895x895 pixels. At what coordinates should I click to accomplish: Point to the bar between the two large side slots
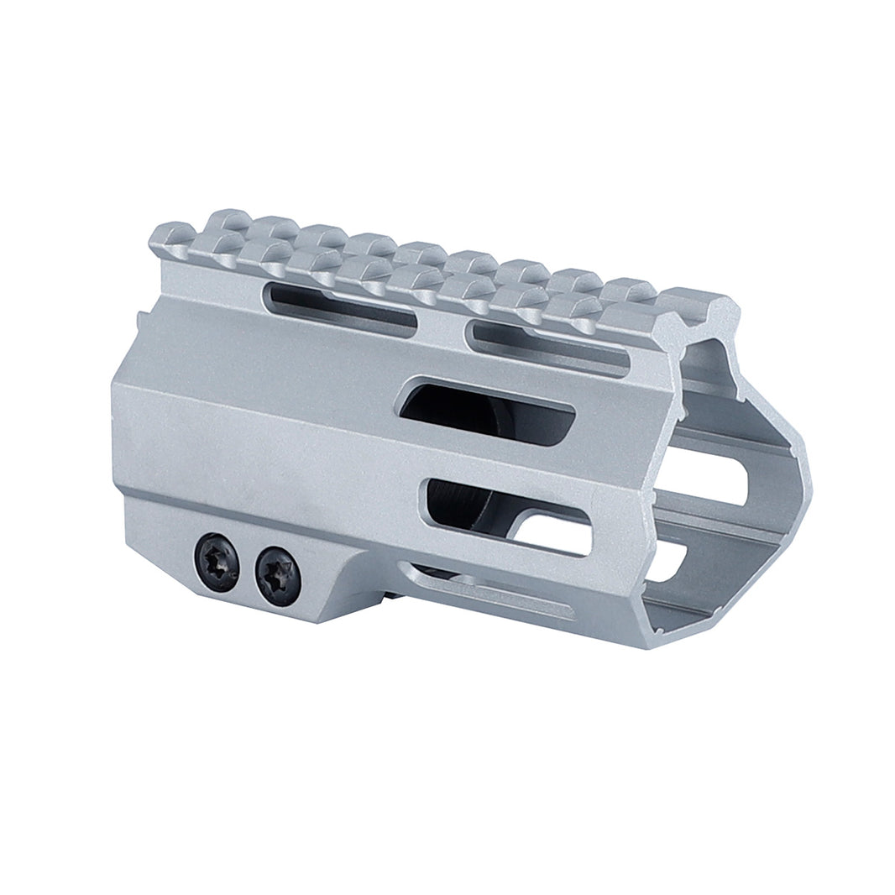504,459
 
